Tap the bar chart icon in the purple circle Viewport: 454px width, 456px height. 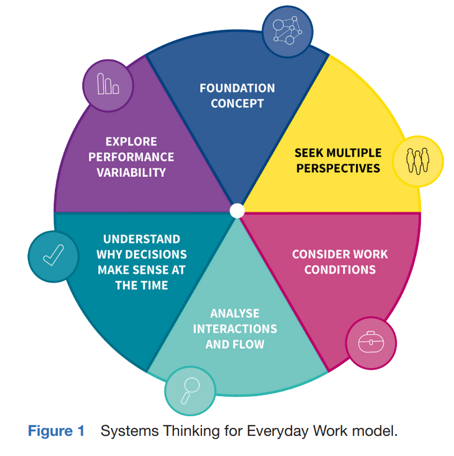pyautogui.click(x=108, y=85)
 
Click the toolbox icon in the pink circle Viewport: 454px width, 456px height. pyautogui.click(x=371, y=342)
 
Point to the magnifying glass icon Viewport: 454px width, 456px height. pyautogui.click(x=190, y=389)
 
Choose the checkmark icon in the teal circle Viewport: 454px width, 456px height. pyautogui.click(x=53, y=256)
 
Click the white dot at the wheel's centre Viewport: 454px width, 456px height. pyautogui.click(x=237, y=210)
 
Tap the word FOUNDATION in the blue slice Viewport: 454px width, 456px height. pyautogui.click(x=237, y=88)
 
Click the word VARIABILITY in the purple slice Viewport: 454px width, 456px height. pyautogui.click(x=131, y=172)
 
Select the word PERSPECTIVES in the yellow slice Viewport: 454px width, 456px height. pyautogui.click(x=338, y=168)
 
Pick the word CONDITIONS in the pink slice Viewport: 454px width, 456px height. pyautogui.click(x=340, y=269)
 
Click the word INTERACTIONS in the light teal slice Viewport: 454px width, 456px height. pyautogui.click(x=235, y=328)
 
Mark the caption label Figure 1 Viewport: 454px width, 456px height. pyautogui.click(x=56, y=431)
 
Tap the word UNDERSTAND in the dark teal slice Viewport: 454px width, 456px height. pyautogui.click(x=141, y=239)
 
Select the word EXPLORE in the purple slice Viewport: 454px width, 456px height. pyautogui.click(x=131, y=142)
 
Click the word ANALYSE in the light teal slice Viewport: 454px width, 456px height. pyautogui.click(x=235, y=313)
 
